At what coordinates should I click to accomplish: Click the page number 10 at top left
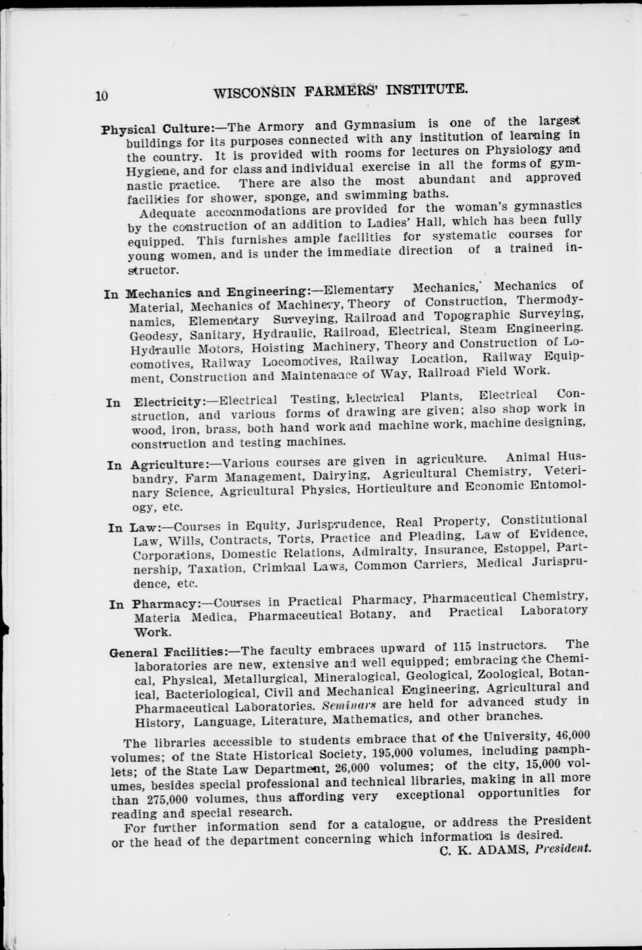pos(102,96)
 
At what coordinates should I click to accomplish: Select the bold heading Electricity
pos(169,402)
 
